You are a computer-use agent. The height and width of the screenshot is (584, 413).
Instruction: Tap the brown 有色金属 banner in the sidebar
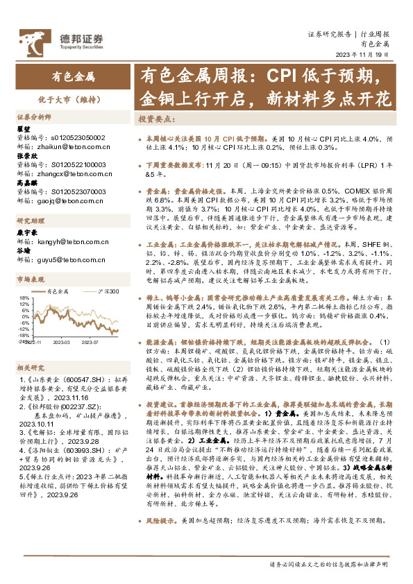pos(73,75)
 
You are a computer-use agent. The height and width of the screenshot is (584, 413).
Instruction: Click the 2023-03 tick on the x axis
pos(62,343)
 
